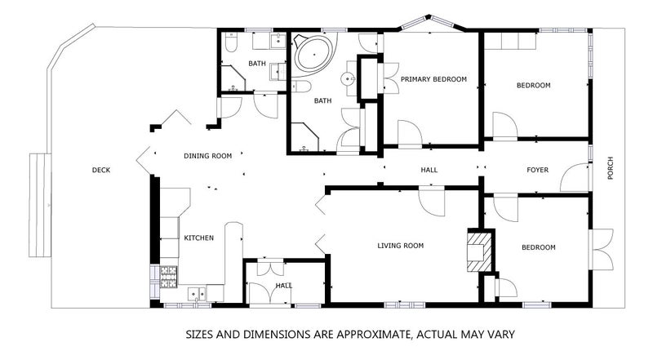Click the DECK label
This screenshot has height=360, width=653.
click(101, 170)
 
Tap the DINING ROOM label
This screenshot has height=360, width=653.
click(208, 156)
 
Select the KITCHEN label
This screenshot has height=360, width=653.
click(198, 238)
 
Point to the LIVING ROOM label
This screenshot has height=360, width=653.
click(400, 246)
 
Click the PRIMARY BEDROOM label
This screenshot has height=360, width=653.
click(433, 79)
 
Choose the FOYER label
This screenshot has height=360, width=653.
click(537, 170)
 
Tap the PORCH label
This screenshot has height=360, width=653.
click(610, 168)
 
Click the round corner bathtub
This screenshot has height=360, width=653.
click(314, 54)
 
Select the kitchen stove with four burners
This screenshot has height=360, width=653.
click(168, 277)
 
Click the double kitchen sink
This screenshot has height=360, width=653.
click(197, 294)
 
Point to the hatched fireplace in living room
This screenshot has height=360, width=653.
click(480, 251)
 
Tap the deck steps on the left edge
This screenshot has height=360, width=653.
click(40, 205)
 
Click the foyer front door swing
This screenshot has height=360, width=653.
click(575, 177)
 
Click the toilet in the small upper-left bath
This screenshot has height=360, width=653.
click(231, 42)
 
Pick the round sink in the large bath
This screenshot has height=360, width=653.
click(348, 78)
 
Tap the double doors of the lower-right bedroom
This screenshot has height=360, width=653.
click(602, 249)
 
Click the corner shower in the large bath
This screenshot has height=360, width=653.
click(304, 137)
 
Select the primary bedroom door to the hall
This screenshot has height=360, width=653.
click(411, 133)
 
